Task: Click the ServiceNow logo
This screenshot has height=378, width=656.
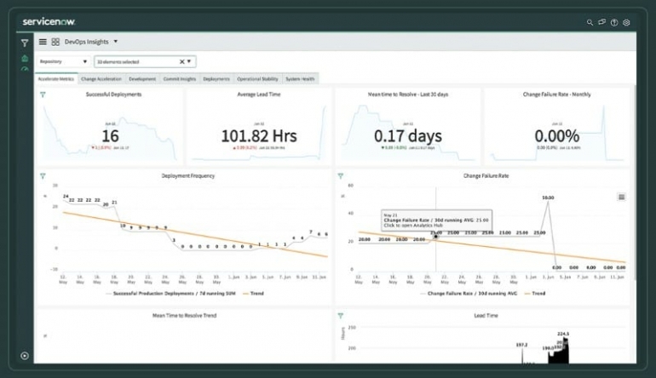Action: pyautogui.click(x=53, y=20)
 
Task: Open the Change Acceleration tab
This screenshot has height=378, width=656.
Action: pyautogui.click(x=102, y=79)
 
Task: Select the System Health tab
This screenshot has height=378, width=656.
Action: pyautogui.click(x=300, y=79)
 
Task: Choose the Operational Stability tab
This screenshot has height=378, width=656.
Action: pyautogui.click(x=258, y=79)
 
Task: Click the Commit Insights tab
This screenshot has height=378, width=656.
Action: pyautogui.click(x=180, y=79)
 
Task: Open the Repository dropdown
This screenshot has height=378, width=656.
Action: pyautogui.click(x=64, y=61)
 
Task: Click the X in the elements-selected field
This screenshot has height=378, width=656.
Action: pyautogui.click(x=181, y=61)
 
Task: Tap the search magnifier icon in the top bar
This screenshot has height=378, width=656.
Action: pyautogui.click(x=590, y=22)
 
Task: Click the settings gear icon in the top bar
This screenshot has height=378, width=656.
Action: pyautogui.click(x=626, y=22)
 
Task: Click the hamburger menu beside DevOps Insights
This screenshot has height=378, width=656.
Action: pyautogui.click(x=43, y=41)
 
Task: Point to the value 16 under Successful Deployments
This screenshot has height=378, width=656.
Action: pyautogui.click(x=110, y=135)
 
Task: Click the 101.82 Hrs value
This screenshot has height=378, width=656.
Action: pyautogui.click(x=258, y=135)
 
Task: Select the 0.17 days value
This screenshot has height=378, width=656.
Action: pyautogui.click(x=407, y=135)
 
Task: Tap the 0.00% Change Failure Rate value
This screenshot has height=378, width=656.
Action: pyautogui.click(x=556, y=135)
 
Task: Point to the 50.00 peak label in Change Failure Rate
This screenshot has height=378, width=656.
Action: pyautogui.click(x=548, y=198)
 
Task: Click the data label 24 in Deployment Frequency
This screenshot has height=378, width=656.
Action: pyautogui.click(x=66, y=197)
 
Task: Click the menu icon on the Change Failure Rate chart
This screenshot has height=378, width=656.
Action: pyautogui.click(x=621, y=197)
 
